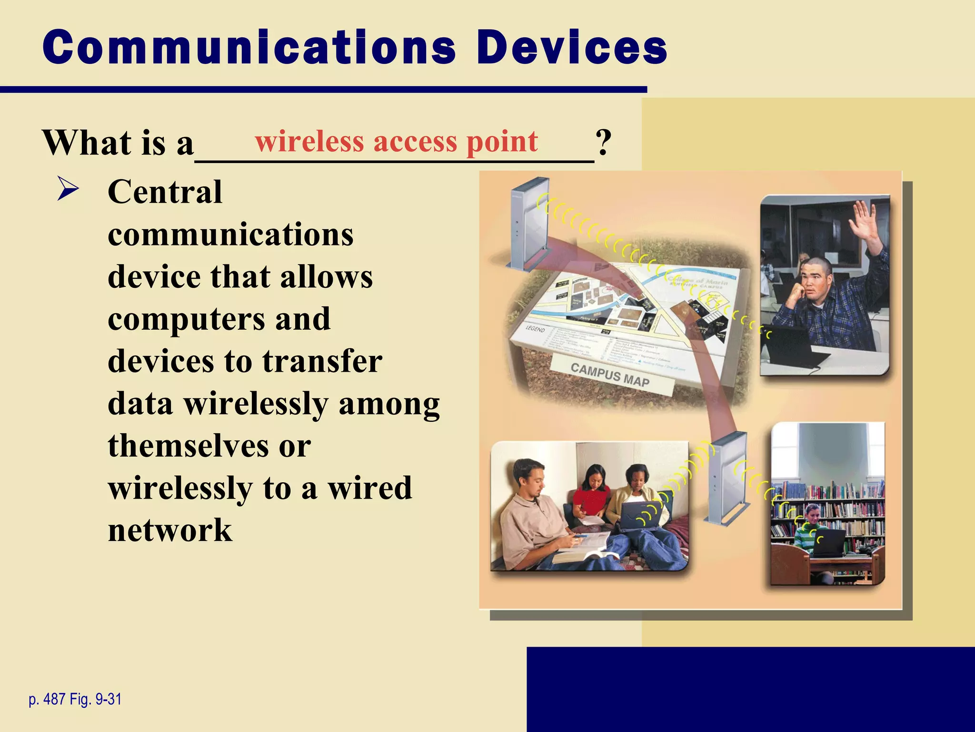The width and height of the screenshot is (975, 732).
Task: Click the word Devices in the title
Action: click(571, 48)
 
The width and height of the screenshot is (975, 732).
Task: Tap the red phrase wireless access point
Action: click(396, 142)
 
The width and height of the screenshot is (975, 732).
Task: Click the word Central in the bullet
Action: click(165, 192)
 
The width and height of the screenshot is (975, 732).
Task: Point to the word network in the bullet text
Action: click(170, 530)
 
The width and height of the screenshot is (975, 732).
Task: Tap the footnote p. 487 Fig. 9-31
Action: click(75, 699)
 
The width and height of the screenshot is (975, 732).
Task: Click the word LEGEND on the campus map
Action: click(535, 329)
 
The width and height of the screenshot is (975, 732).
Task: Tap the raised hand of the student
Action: click(865, 221)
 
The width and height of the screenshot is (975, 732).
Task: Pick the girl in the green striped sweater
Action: click(809, 527)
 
